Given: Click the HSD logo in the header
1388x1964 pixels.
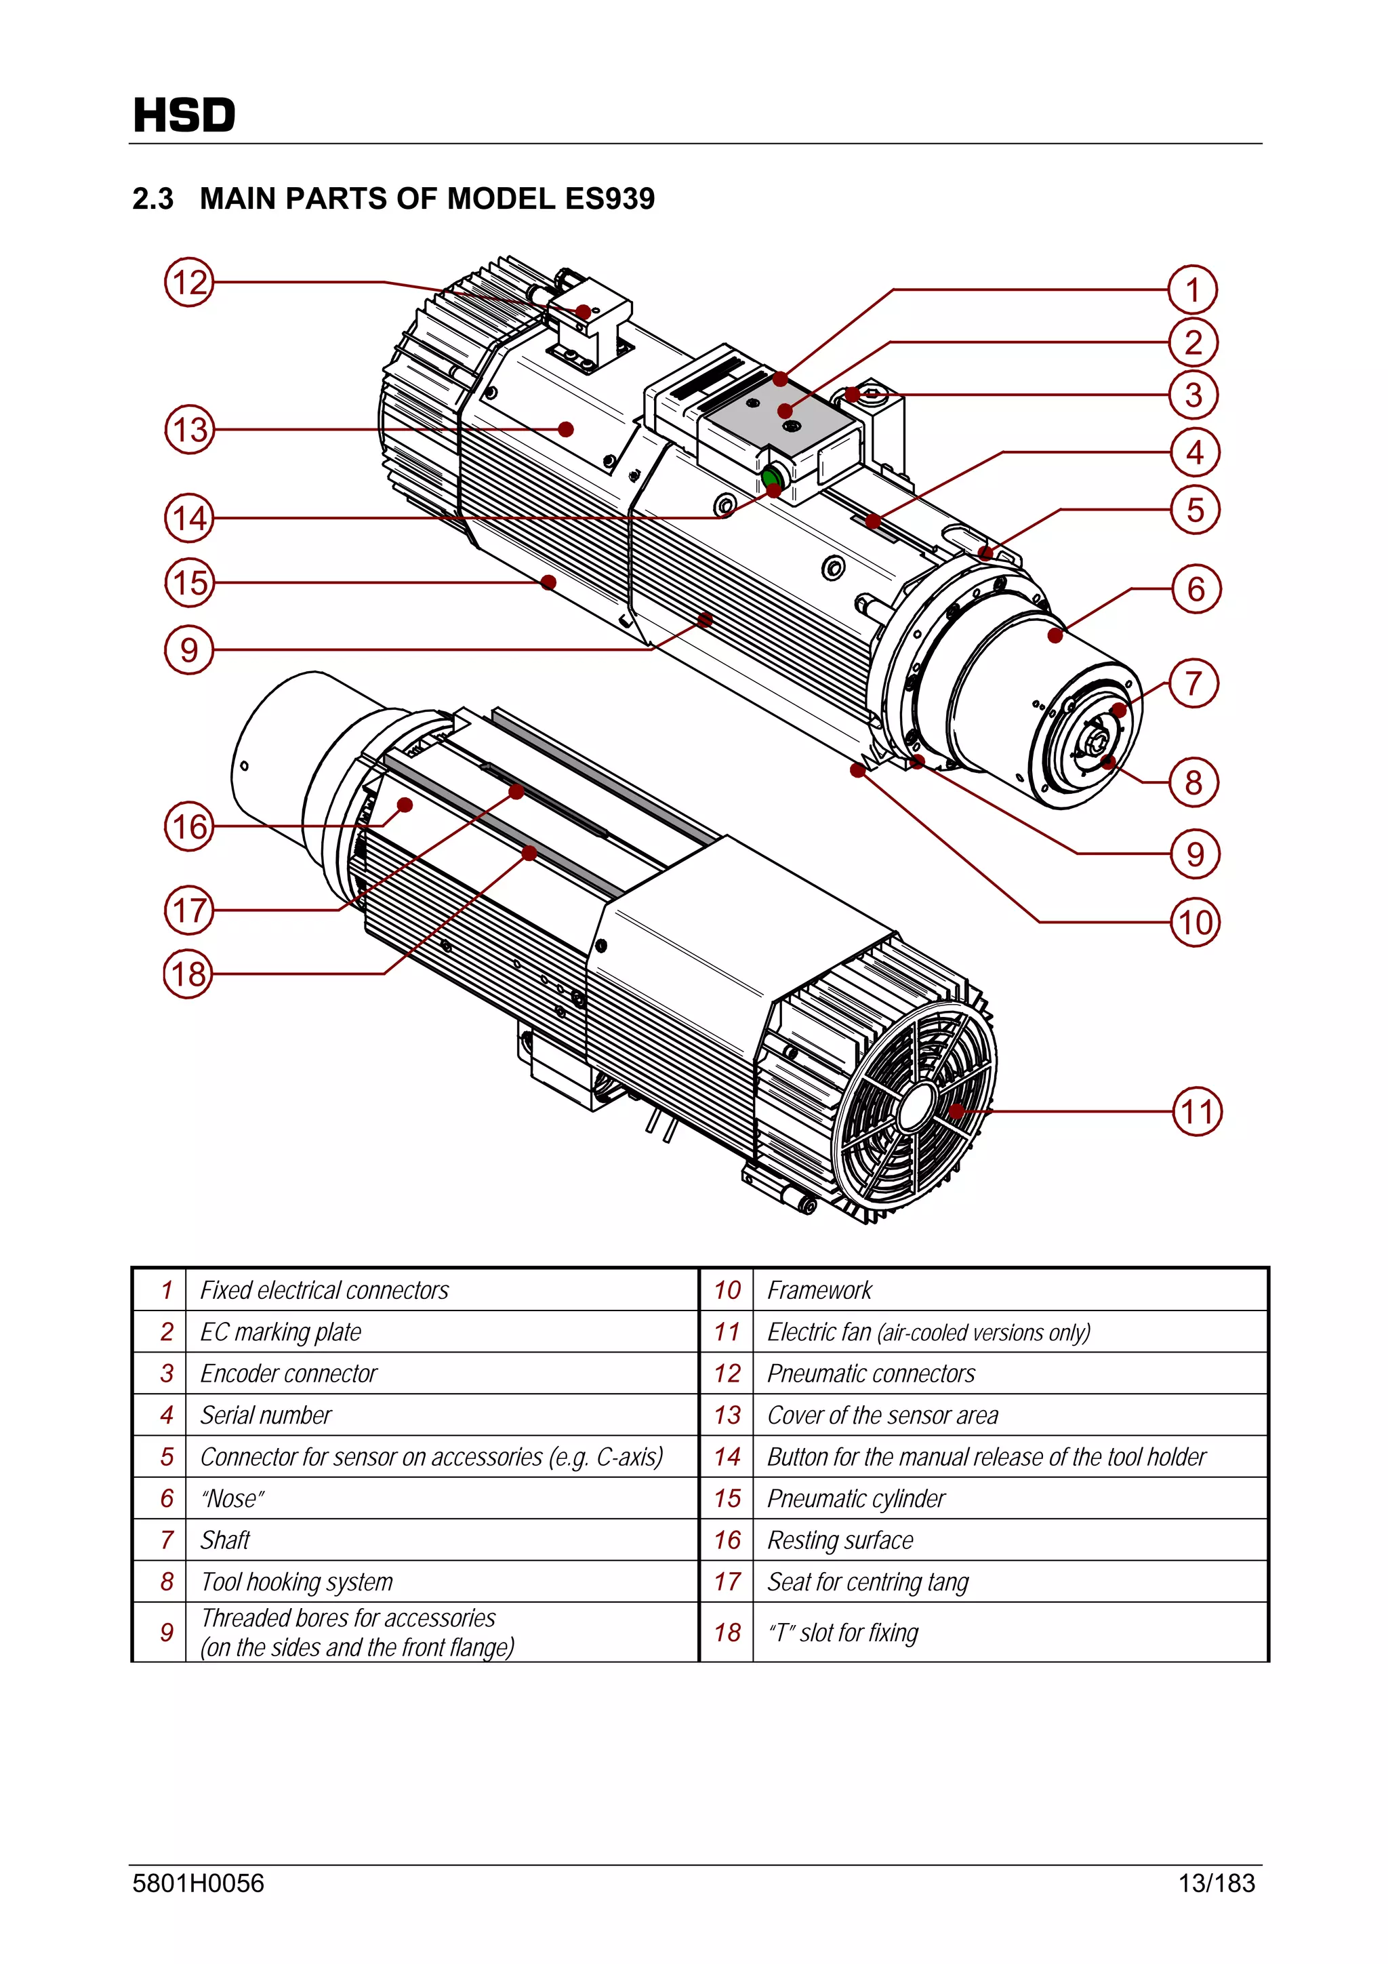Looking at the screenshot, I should tap(184, 115).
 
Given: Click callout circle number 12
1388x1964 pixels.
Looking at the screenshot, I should tap(189, 282).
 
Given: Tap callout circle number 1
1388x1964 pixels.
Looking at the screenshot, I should tap(1193, 290).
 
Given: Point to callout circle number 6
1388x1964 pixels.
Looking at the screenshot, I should tap(1196, 588).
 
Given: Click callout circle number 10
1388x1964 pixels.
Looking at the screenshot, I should tap(1195, 922).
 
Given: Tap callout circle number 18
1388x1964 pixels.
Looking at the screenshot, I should tap(188, 974).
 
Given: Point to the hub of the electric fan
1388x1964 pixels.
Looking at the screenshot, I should tap(918, 1107).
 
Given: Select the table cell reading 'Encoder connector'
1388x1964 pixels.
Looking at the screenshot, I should tap(288, 1373).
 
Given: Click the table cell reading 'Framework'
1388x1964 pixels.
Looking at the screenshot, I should tap(819, 1290).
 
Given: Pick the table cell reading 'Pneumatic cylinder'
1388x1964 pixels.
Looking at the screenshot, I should tap(856, 1498).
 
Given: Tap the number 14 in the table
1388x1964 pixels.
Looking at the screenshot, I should tap(727, 1457).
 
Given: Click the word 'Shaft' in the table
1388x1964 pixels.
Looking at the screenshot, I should tap(225, 1540).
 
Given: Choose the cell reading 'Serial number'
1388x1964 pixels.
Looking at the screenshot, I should tap(266, 1415).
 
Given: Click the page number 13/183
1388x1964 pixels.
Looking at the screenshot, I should tap(1216, 1883).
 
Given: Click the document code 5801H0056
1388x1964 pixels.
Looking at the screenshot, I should tap(199, 1883).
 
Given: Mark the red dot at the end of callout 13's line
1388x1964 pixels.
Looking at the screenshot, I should tap(565, 429).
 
